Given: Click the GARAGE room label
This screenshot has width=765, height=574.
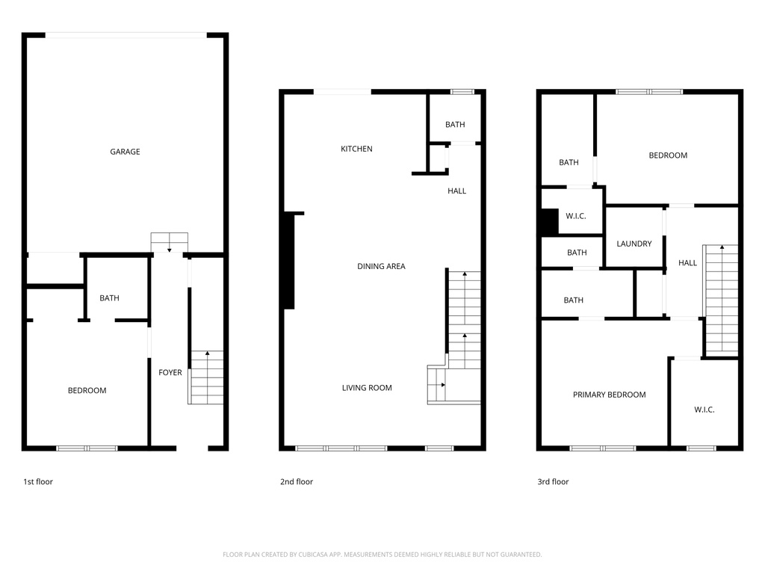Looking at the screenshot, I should [x=125, y=152].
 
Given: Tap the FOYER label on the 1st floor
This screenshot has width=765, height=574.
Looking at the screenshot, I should [x=170, y=372].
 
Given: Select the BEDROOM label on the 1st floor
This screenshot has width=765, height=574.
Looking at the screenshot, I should [x=87, y=390].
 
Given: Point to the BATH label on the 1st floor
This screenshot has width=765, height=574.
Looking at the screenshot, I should [x=109, y=298].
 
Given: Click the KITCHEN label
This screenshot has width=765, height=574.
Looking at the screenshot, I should [x=356, y=149].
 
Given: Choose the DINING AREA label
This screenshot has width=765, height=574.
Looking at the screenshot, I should [x=381, y=266].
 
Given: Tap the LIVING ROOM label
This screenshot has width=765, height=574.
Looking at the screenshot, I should [x=367, y=388].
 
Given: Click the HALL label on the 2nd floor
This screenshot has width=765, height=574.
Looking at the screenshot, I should [x=456, y=191].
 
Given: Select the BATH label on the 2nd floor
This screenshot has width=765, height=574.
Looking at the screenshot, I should [x=455, y=125].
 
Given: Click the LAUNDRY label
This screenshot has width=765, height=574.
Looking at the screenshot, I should [x=634, y=244].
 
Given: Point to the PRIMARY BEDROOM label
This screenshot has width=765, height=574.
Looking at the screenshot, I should [x=609, y=395].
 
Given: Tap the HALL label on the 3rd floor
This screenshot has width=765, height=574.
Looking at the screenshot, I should [x=687, y=262].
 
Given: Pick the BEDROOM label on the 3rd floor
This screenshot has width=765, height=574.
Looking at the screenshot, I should [x=667, y=155].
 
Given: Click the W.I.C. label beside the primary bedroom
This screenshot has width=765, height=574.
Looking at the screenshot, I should [x=704, y=410].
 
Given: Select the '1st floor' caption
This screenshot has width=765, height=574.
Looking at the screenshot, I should [x=38, y=482].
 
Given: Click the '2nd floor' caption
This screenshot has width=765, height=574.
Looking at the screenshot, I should [x=297, y=482].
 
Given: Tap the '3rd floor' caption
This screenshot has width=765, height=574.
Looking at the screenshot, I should [x=553, y=482].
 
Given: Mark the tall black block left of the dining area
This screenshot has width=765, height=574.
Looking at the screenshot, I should [x=289, y=261].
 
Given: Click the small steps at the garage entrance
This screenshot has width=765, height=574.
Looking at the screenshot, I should [x=170, y=243].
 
